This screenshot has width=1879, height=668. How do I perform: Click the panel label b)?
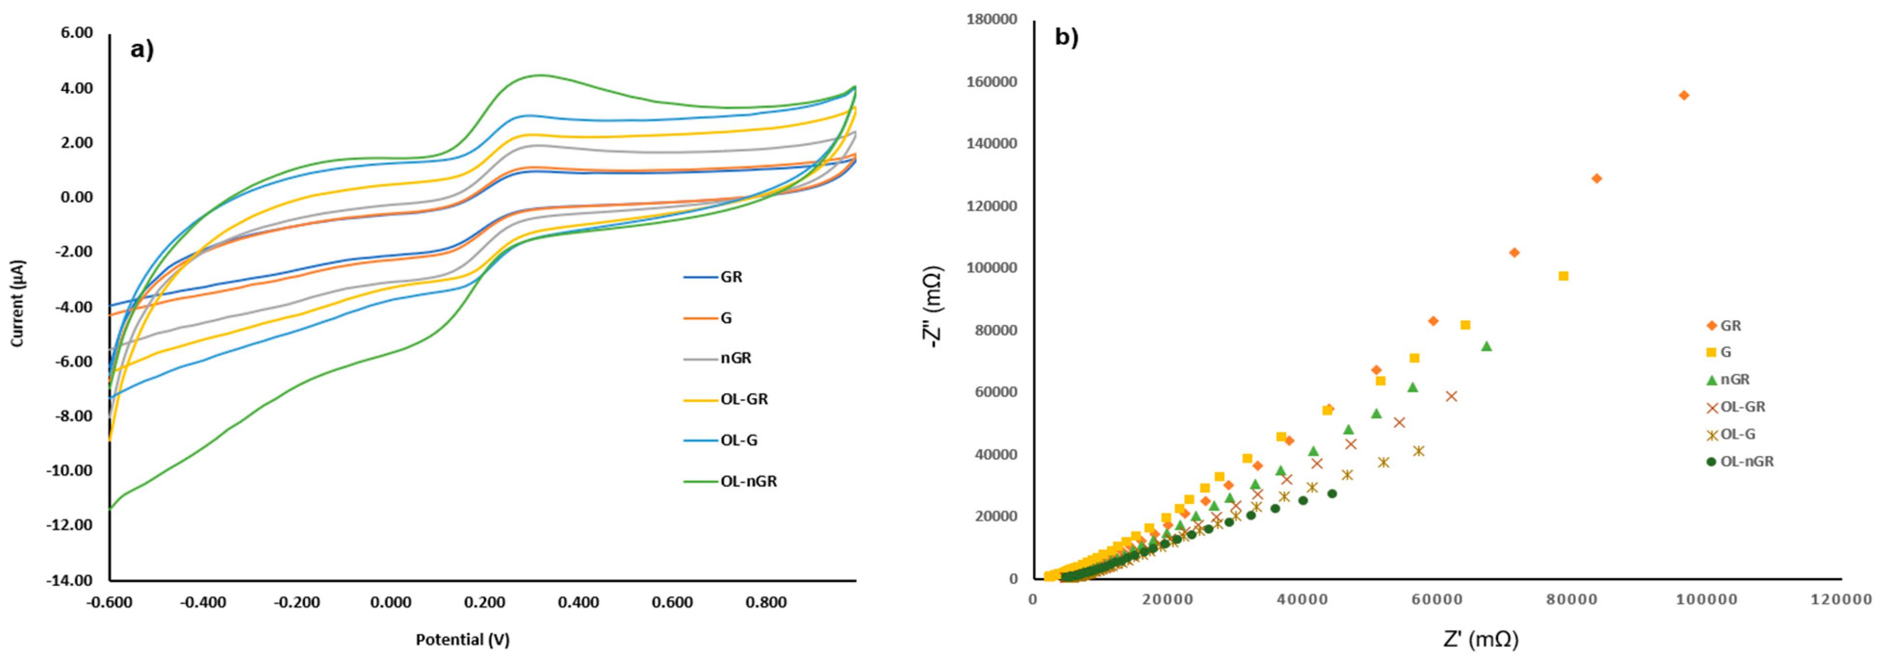click(1067, 37)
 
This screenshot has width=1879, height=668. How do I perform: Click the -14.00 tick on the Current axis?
click(70, 580)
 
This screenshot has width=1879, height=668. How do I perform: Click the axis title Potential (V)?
click(463, 640)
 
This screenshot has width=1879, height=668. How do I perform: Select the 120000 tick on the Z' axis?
click(1842, 600)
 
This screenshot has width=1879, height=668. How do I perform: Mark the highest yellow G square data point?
click(1563, 276)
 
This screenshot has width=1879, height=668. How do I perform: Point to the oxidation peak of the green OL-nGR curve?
click(538, 75)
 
